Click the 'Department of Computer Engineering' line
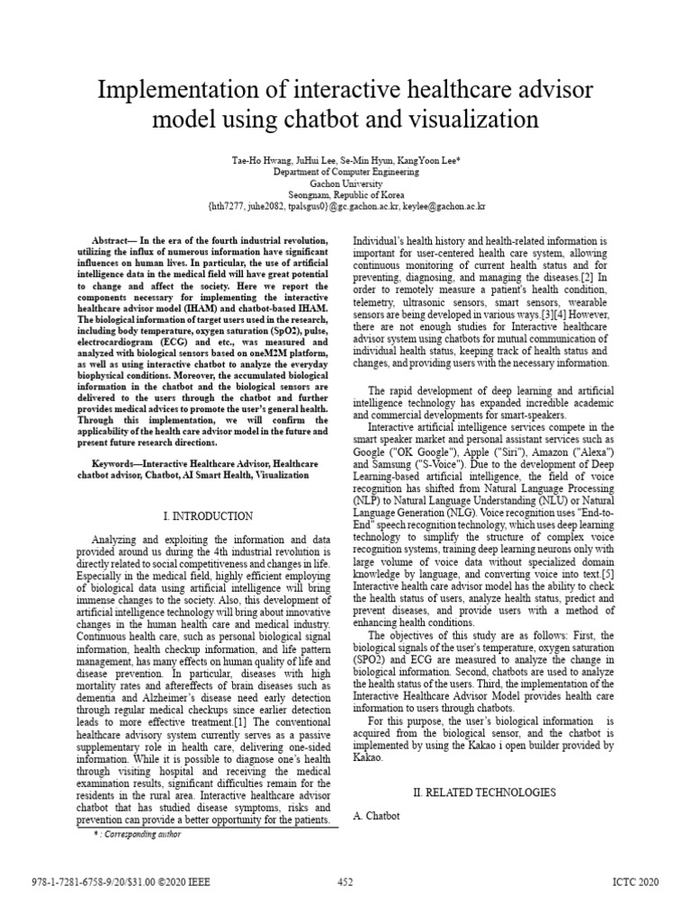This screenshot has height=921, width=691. point(345,168)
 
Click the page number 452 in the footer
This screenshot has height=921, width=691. point(345,882)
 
